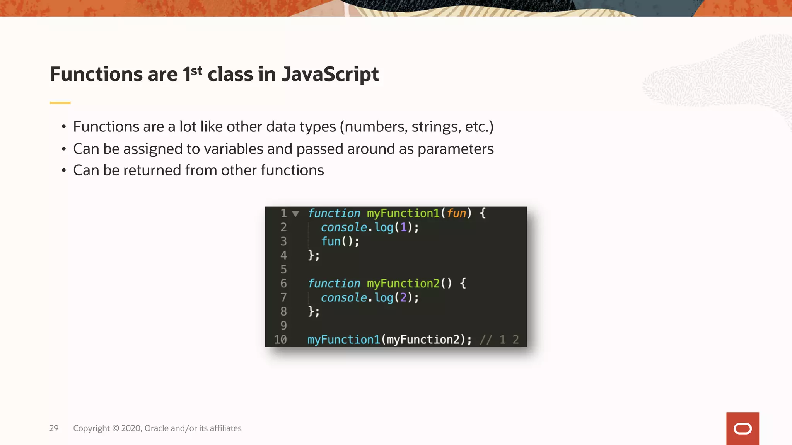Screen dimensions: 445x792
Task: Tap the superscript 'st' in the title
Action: pos(196,71)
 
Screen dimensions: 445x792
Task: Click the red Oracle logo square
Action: pos(742,428)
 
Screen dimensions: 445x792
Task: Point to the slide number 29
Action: pos(54,428)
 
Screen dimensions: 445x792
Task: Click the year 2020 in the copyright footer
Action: pos(131,428)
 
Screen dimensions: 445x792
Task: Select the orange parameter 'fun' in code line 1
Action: pos(456,213)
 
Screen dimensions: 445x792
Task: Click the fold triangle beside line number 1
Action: pos(296,214)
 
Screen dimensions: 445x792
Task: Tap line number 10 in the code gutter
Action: pos(280,340)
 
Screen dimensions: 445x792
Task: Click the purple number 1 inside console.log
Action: pos(404,227)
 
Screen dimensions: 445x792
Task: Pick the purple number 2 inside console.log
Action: pos(404,297)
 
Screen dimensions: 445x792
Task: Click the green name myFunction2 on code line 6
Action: pos(403,284)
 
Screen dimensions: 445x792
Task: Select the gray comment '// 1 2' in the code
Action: pos(499,340)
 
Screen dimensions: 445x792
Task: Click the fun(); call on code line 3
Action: pos(340,241)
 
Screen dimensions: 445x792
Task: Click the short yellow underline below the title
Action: pos(60,103)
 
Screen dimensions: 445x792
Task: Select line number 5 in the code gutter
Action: pos(283,269)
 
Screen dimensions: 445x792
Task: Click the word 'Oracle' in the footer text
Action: pos(157,428)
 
